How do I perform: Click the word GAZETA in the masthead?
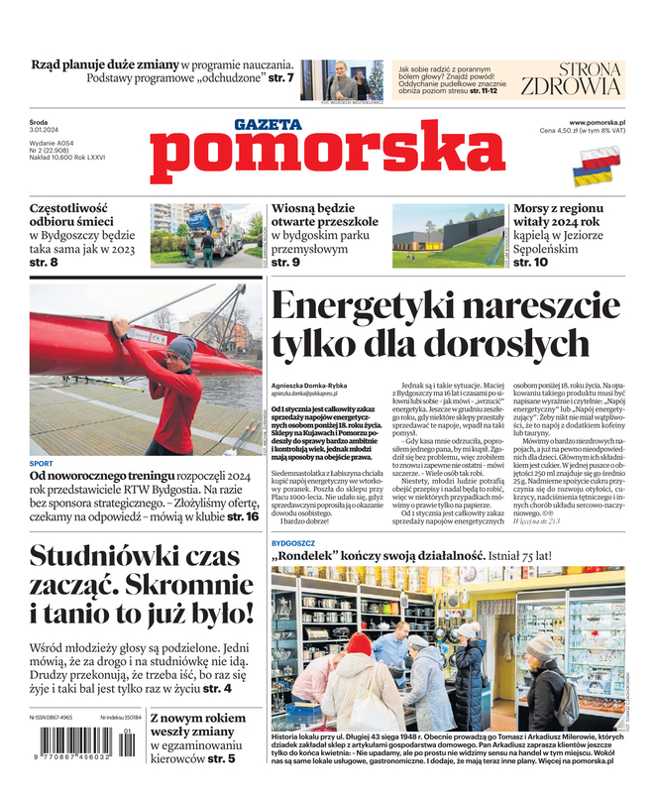tap(267, 125)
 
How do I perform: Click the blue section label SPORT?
tap(42, 463)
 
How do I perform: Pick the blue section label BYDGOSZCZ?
tap(294, 544)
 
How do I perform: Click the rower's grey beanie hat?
tap(181, 348)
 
